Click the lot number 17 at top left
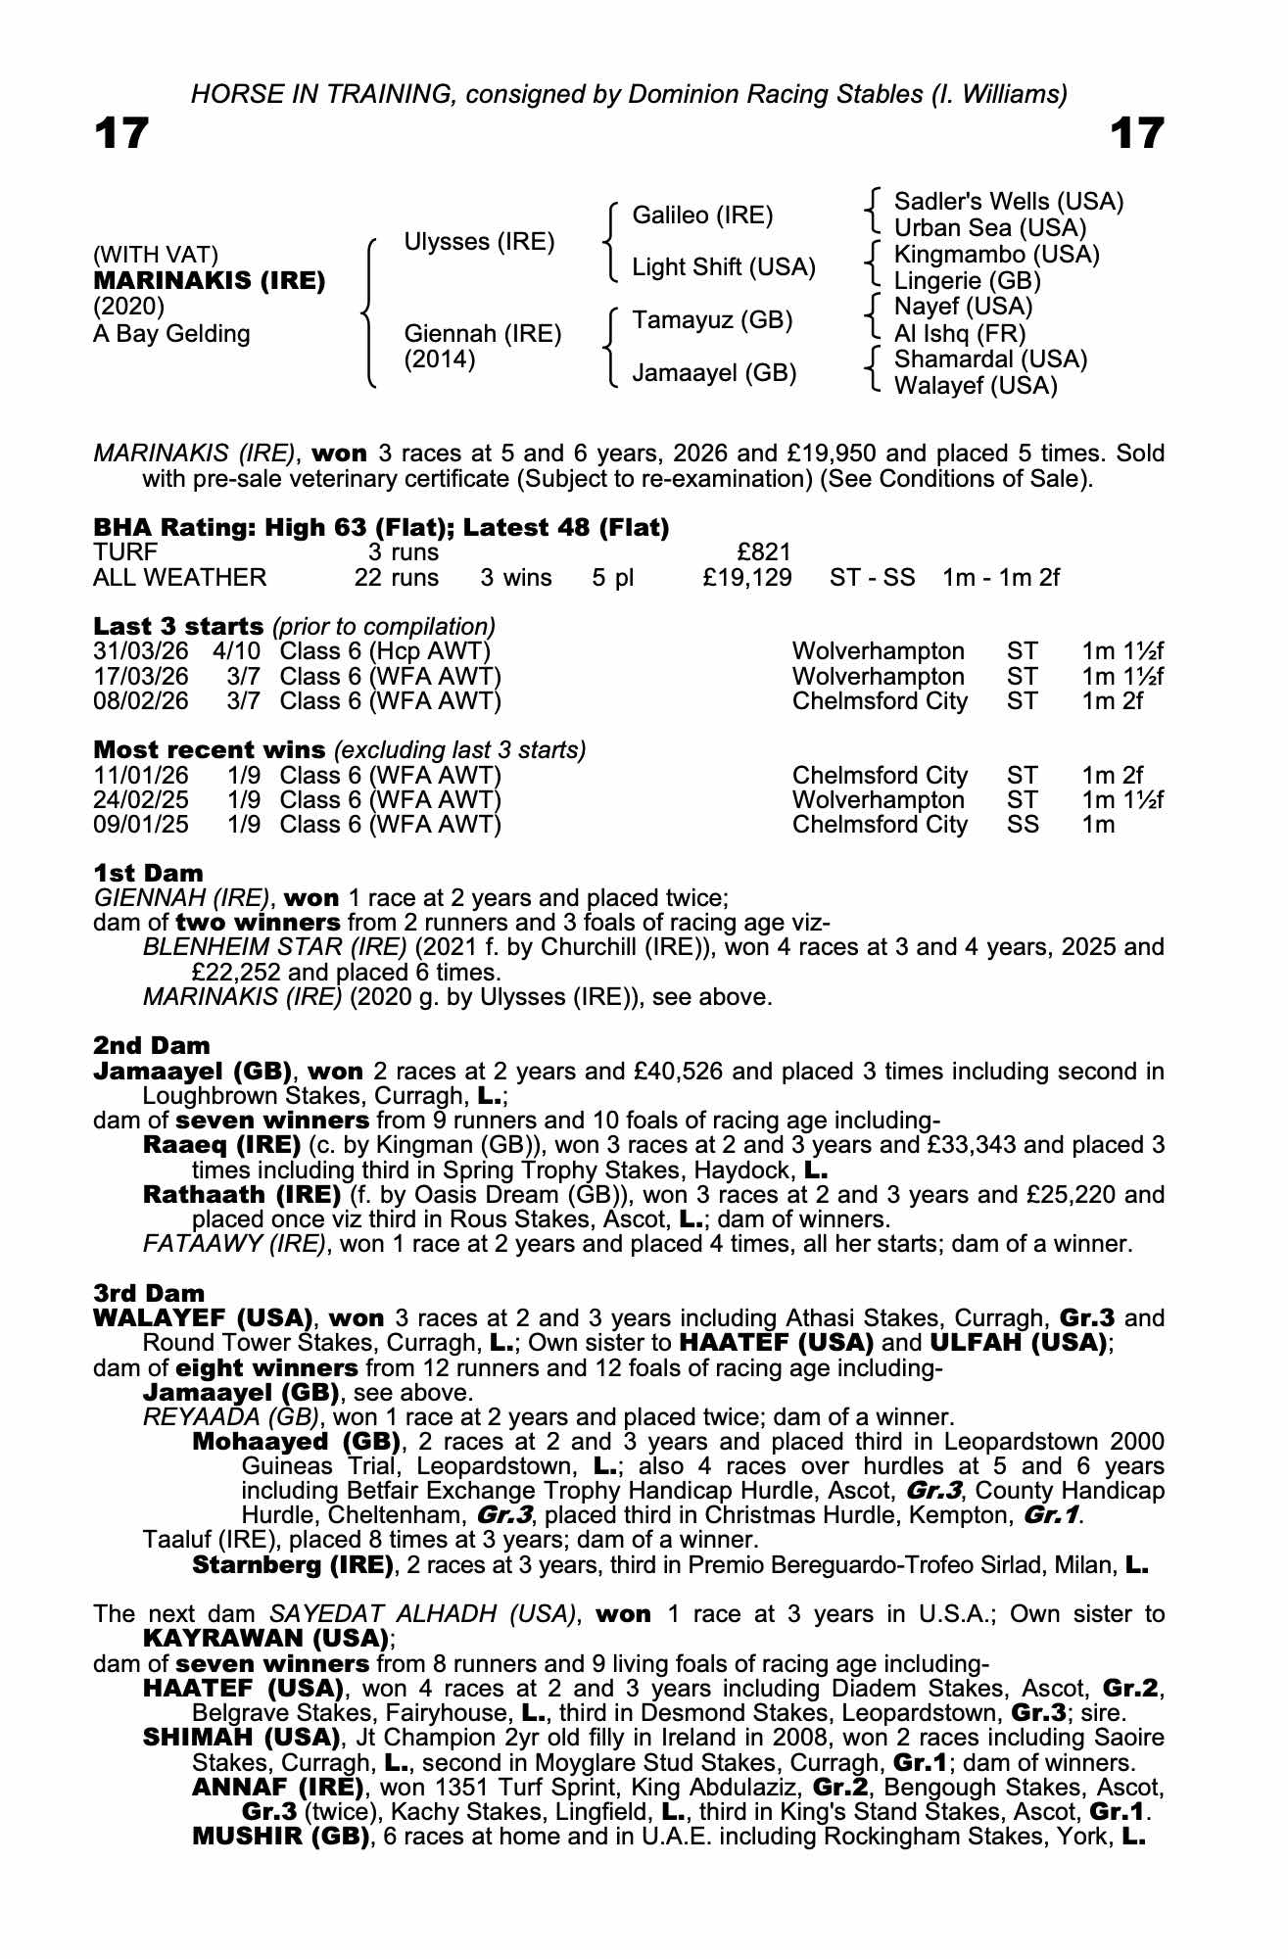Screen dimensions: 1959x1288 pyautogui.click(x=121, y=133)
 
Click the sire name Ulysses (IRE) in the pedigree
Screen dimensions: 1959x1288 pyautogui.click(x=479, y=242)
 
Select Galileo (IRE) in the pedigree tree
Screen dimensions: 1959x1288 pyautogui.click(x=702, y=215)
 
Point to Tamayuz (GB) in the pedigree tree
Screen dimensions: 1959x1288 pyautogui.click(x=712, y=320)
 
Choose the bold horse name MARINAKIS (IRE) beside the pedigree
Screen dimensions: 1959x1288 pyautogui.click(x=209, y=281)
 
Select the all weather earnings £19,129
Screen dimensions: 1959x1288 pyautogui.click(x=747, y=578)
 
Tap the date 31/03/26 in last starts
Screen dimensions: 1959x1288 pyautogui.click(x=141, y=651)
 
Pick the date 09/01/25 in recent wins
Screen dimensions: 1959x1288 pyautogui.click(x=141, y=825)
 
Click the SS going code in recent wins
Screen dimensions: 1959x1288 pyautogui.click(x=1023, y=825)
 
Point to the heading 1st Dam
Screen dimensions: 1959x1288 pyautogui.click(x=148, y=873)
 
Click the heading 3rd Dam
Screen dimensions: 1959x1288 pyautogui.click(x=149, y=1294)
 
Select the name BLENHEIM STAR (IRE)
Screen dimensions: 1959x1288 pyautogui.click(x=274, y=947)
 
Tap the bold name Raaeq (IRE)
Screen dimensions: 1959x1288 pyautogui.click(x=221, y=1145)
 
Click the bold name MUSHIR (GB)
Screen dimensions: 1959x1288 pyautogui.click(x=280, y=1837)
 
